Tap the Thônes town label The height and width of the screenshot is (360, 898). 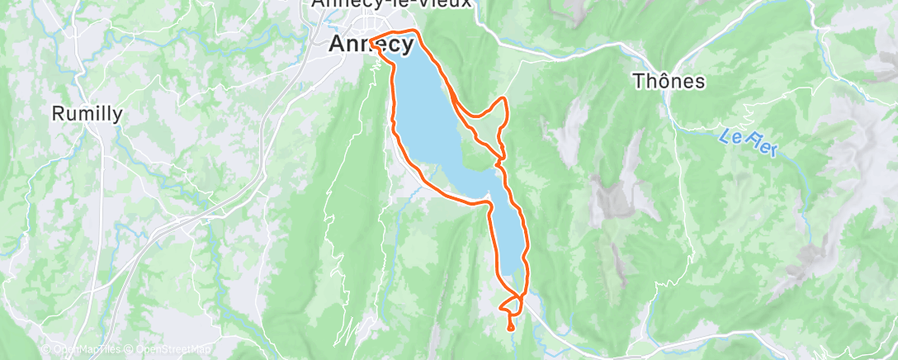[x=669, y=82]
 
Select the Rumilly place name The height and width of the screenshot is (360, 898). [x=87, y=114]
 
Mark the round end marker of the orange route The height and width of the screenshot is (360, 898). [x=510, y=328]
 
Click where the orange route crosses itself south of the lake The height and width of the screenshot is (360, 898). [x=518, y=296]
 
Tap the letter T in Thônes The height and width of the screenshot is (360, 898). [x=637, y=82]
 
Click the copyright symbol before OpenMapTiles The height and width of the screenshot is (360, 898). [x=47, y=349]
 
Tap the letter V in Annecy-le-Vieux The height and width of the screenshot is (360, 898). [x=425, y=3]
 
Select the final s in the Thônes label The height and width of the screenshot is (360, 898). [x=700, y=82]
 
